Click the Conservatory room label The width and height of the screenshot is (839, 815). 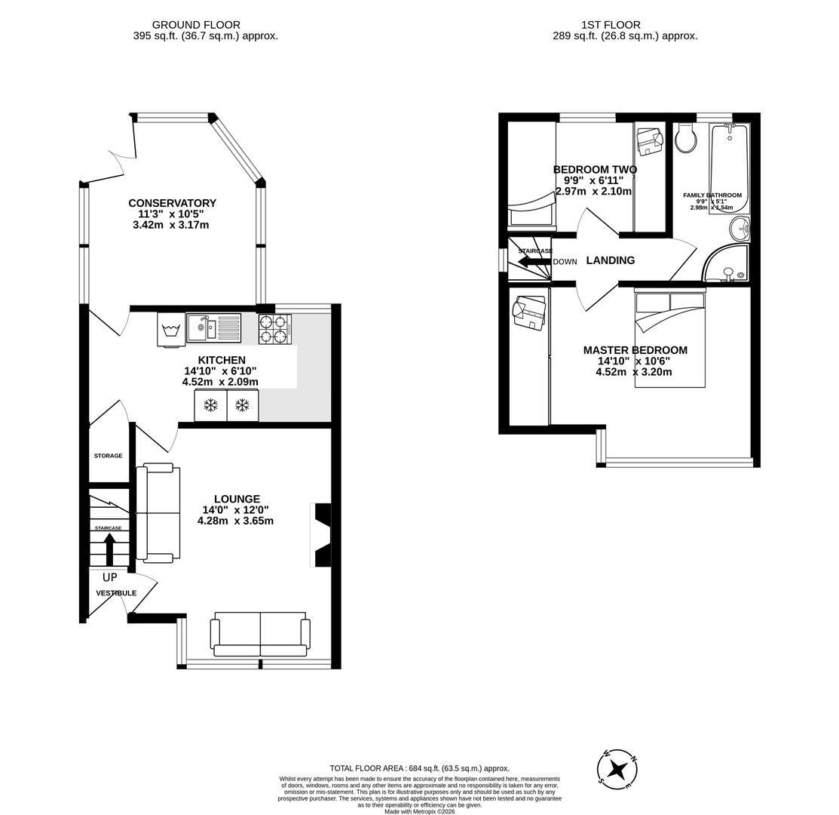[x=172, y=203]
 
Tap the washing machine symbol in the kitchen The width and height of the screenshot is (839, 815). [x=171, y=330]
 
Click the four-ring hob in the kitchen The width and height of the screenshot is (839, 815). [x=274, y=329]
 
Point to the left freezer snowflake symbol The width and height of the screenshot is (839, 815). [x=211, y=405]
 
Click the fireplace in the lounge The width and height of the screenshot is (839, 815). [x=321, y=535]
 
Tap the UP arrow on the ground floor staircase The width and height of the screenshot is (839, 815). [x=109, y=548]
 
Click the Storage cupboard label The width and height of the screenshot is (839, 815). [x=108, y=456]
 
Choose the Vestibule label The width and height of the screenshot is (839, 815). [x=116, y=593]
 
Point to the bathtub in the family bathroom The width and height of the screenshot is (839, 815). [x=729, y=168]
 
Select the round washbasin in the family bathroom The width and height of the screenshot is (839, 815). [x=739, y=227]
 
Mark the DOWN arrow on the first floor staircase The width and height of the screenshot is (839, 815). [x=534, y=262]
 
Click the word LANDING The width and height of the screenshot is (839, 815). [x=610, y=260]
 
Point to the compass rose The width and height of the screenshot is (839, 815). [x=617, y=770]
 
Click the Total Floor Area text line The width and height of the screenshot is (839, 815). [x=419, y=768]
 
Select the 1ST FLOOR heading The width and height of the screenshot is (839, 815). [x=611, y=25]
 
